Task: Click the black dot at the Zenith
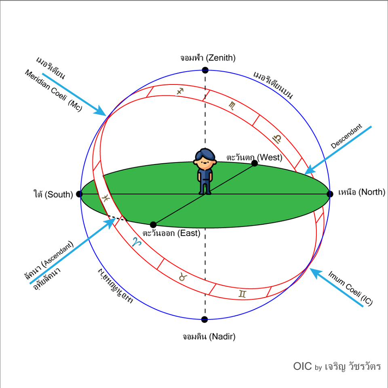pos(205,70)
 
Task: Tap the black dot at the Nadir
pos(205,320)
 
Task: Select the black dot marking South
pos(79,194)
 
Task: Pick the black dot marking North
pos(330,194)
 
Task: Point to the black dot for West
pos(254,163)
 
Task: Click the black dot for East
pos(153,225)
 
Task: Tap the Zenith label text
pos(208,58)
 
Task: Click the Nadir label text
pos(209,336)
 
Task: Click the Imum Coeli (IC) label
pos(350,288)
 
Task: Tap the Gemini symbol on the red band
pos(242,293)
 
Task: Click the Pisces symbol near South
pos(106,198)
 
